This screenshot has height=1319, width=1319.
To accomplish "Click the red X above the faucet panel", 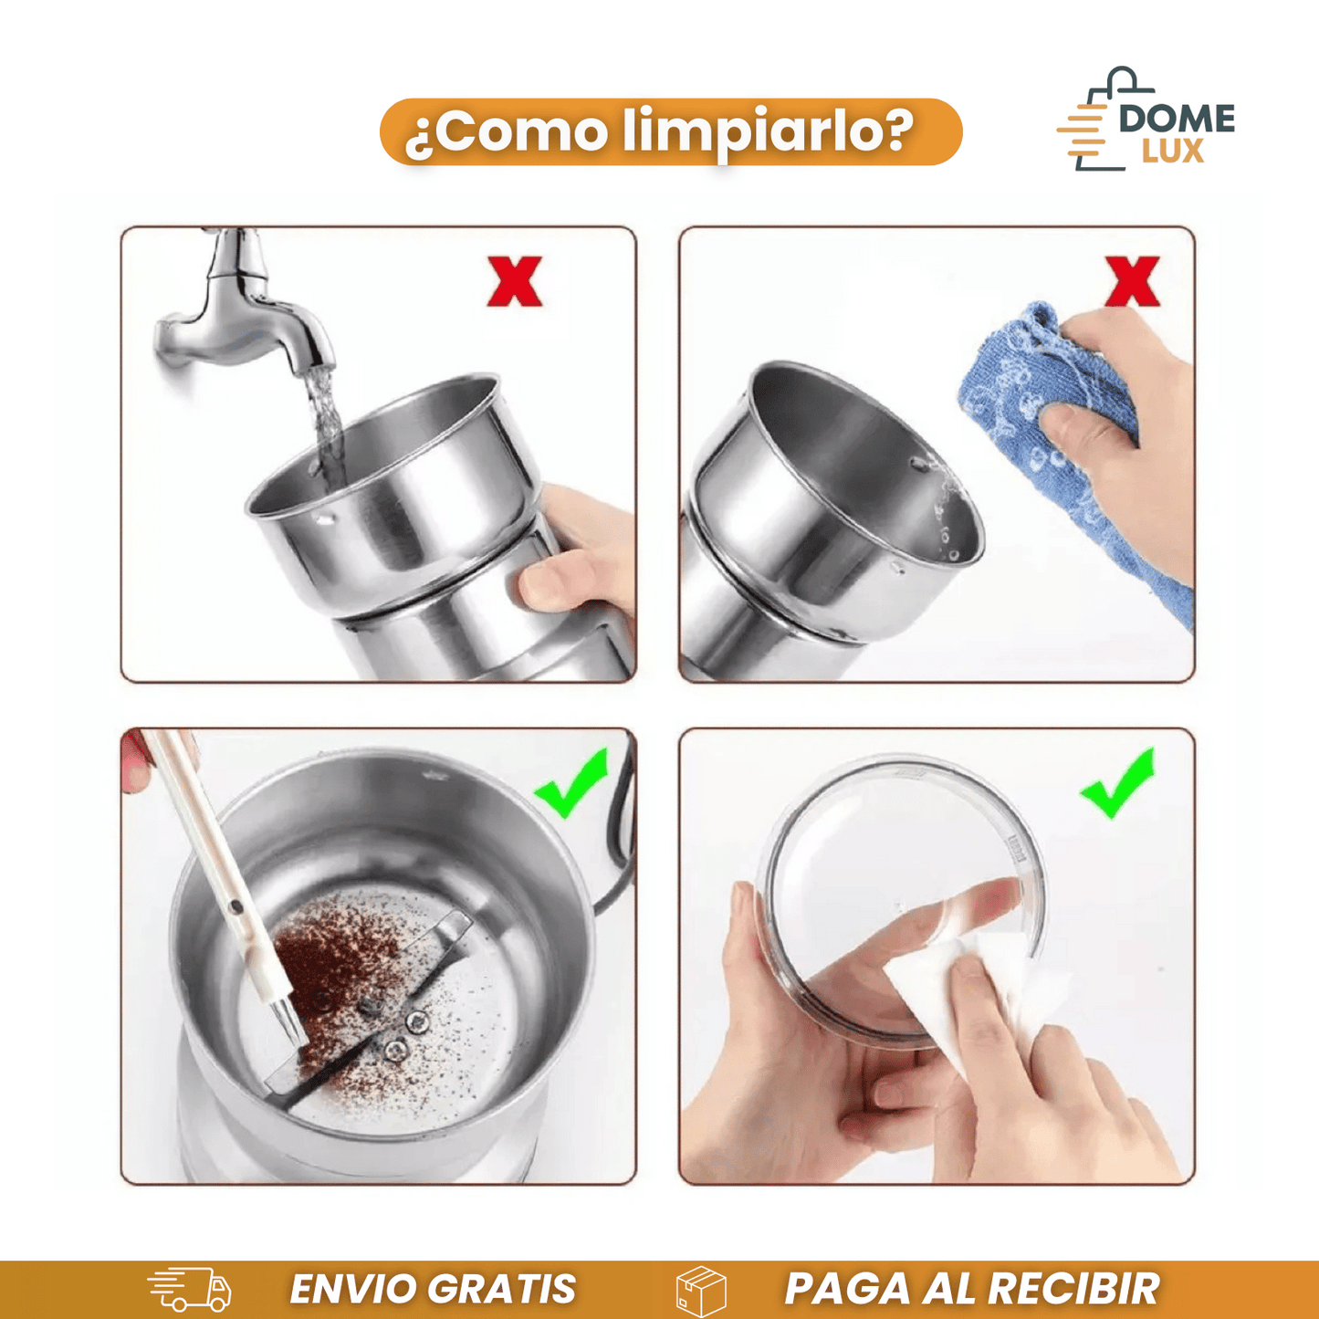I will click(x=515, y=281).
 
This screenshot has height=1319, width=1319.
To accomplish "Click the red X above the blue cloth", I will click(x=1132, y=281).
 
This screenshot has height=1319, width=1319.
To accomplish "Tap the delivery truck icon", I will click(x=190, y=1290).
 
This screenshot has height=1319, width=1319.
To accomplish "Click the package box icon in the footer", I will click(x=701, y=1291).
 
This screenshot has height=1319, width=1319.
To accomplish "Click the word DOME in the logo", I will click(x=1177, y=119).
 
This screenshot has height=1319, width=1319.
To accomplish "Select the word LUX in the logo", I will click(x=1173, y=152).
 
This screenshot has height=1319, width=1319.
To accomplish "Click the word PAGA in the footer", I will click(x=848, y=1290).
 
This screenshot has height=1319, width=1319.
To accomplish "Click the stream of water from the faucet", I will click(x=324, y=420).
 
